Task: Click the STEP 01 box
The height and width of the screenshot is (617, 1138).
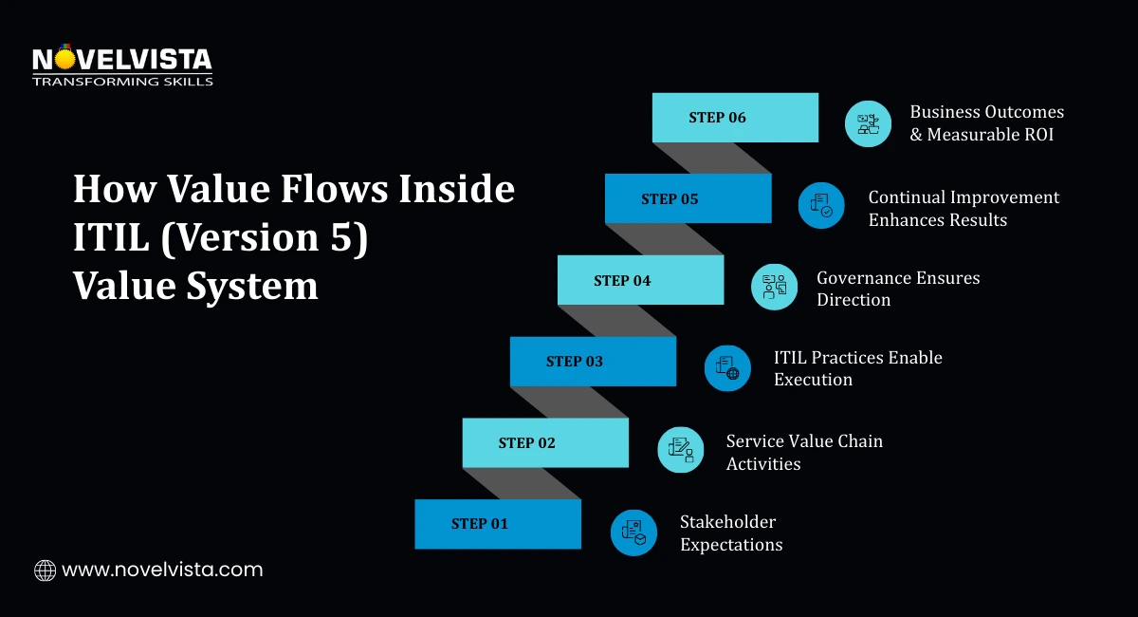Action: (497, 524)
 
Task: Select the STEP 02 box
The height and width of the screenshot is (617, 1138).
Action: (545, 443)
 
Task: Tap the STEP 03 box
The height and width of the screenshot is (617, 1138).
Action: (593, 362)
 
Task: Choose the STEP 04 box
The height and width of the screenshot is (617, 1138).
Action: (640, 281)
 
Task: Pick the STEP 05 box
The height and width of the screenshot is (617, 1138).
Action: (688, 199)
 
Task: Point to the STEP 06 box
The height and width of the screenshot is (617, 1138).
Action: (735, 118)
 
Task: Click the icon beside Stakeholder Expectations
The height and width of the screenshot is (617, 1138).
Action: (633, 532)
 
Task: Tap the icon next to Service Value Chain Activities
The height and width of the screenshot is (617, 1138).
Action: (681, 450)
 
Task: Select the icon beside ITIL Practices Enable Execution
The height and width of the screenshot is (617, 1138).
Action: (727, 367)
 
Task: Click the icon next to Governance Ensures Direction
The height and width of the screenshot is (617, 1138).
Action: (775, 287)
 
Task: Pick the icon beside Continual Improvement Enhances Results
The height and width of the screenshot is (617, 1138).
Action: (821, 205)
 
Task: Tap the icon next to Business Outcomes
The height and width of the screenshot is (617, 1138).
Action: (868, 123)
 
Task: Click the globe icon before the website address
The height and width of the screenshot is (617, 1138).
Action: (45, 570)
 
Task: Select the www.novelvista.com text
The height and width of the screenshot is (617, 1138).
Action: (162, 570)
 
